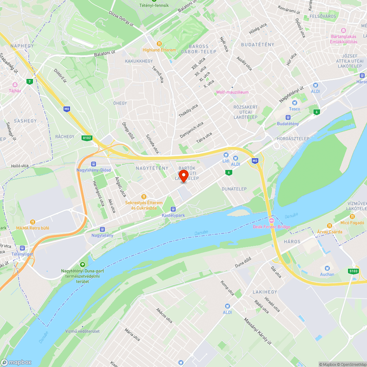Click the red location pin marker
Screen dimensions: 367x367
[183, 175]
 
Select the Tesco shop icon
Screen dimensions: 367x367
[294, 102]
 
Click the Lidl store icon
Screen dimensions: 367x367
[226, 155]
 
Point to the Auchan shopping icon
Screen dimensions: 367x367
[327, 268]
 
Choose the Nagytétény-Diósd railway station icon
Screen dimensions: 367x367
[94, 164]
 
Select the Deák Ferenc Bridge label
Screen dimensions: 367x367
[272, 226]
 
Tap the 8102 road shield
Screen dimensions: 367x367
[87, 137]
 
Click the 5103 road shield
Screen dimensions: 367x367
[353, 271]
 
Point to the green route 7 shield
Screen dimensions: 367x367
[29, 81]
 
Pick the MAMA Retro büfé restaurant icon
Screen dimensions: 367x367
[33, 222]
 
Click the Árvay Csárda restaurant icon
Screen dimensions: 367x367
[330, 226]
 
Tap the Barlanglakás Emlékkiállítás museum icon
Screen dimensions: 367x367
[344, 30]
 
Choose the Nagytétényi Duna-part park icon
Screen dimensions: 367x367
[82, 264]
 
